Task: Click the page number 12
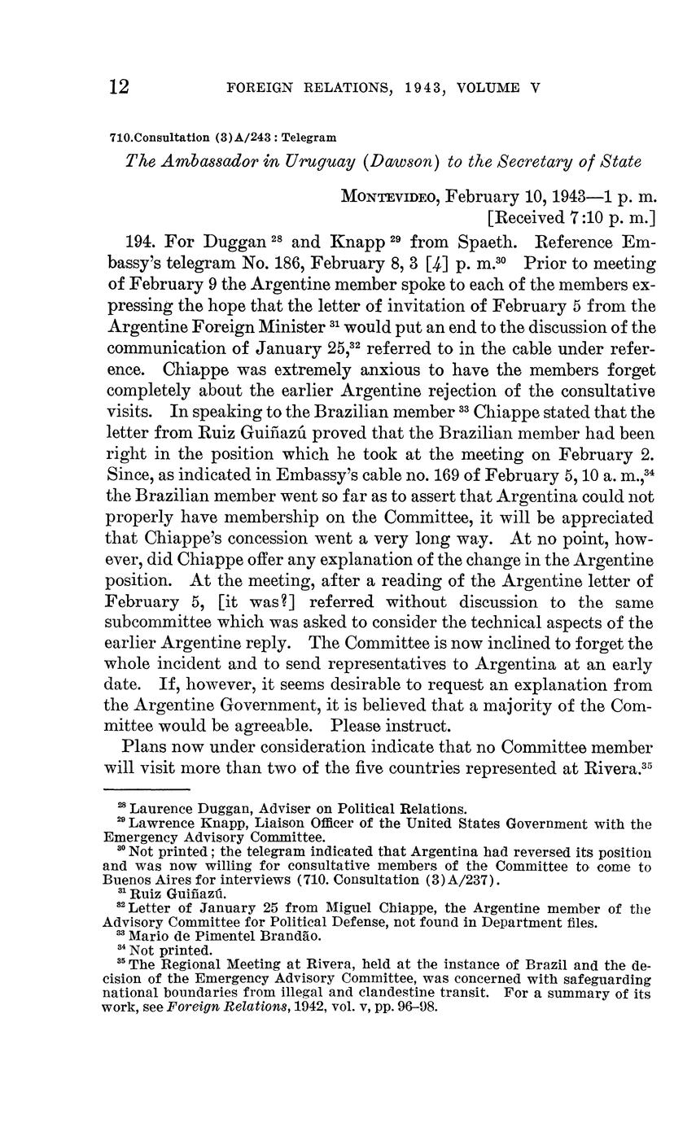120,88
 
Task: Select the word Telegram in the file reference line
309,138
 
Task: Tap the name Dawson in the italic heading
404,162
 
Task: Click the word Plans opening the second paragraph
146,747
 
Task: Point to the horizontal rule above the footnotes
147,789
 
